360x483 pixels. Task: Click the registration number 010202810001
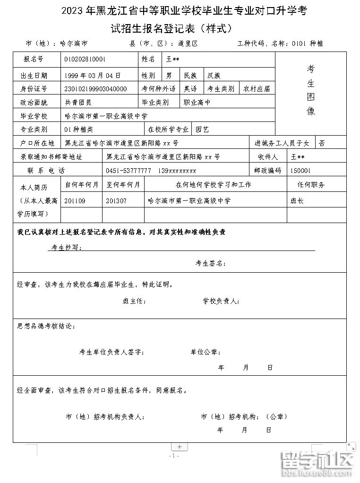[85, 60]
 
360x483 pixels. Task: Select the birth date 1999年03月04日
[93, 75]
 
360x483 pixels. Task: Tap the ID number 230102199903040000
[96, 89]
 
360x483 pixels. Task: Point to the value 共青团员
[78, 102]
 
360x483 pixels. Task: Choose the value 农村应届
[257, 89]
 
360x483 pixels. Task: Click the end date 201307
[117, 201]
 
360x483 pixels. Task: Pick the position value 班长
[297, 201]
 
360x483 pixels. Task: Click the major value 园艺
[202, 129]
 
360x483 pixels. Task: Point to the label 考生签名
[211, 264]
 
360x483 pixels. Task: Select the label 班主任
[135, 301]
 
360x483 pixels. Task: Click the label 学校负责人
[222, 301]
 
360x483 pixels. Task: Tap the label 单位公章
[206, 352]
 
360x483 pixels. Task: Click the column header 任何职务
[311, 185]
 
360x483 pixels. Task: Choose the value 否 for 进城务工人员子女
[322, 143]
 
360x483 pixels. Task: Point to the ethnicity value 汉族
[214, 75]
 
